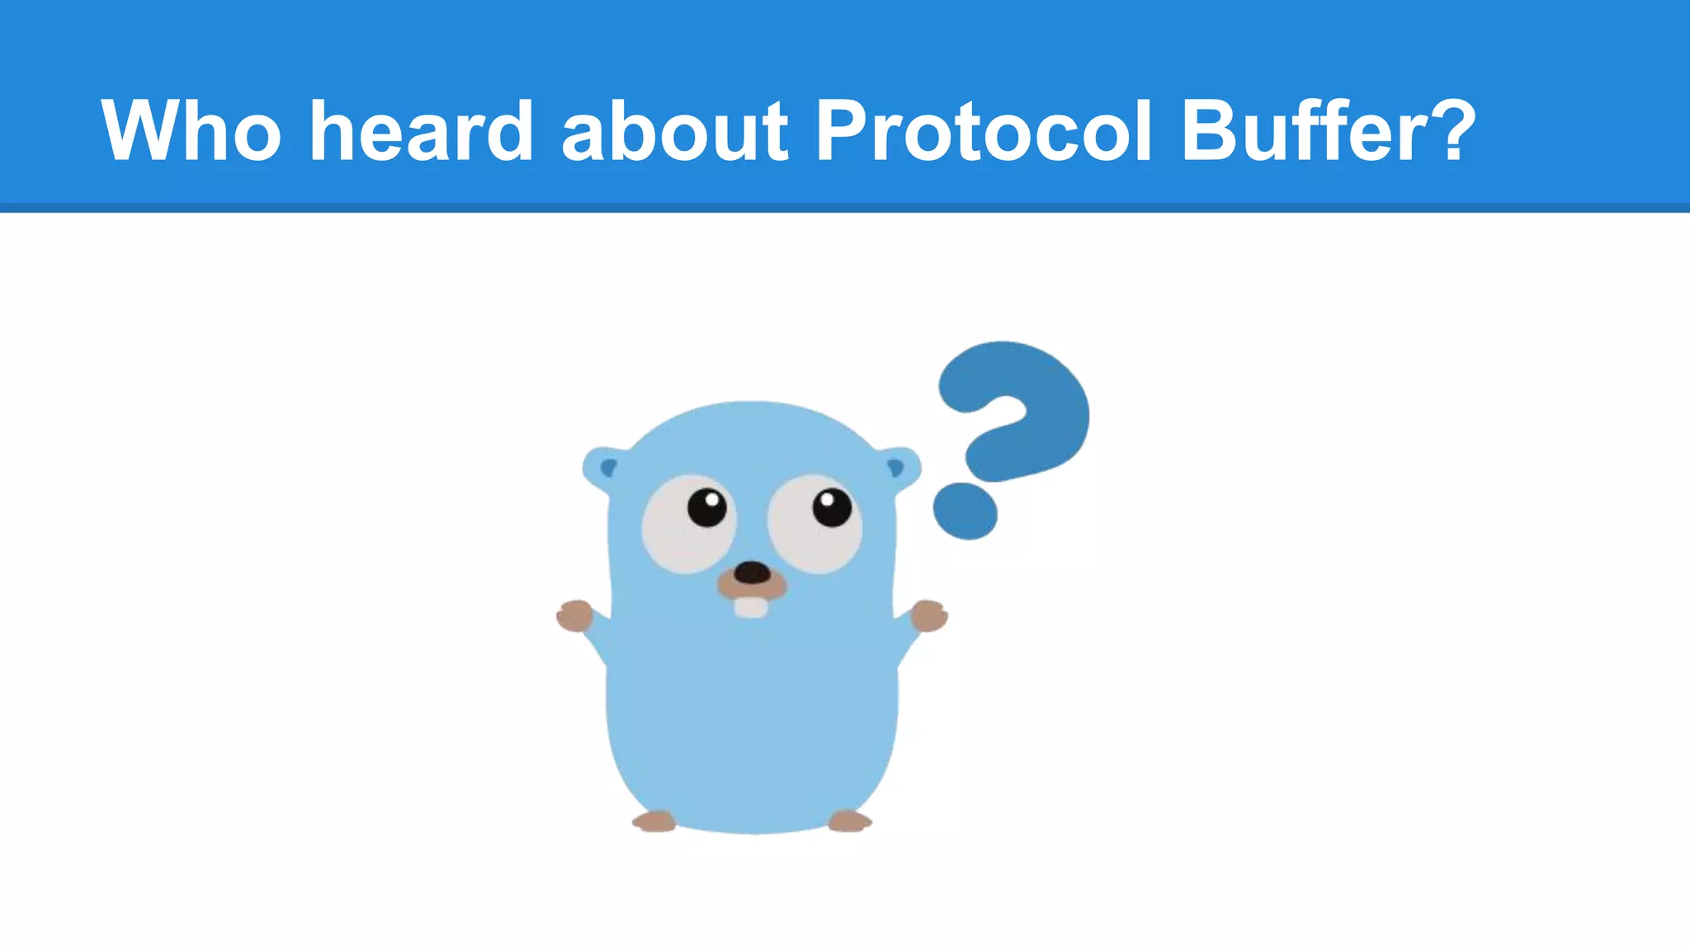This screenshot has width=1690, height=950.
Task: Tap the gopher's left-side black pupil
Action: pos(707,507)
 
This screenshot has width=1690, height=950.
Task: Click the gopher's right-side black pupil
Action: pos(832,507)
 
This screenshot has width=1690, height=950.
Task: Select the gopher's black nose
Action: pos(752,572)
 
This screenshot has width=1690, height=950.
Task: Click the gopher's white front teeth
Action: pos(751,607)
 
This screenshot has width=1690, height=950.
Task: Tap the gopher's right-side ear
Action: pos(898,468)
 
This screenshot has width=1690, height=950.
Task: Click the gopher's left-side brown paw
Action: pos(574,616)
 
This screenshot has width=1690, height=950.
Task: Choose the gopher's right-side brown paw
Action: pos(929,616)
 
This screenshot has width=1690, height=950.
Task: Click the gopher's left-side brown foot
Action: pos(654,821)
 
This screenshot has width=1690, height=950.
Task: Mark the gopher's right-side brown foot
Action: pos(850,821)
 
